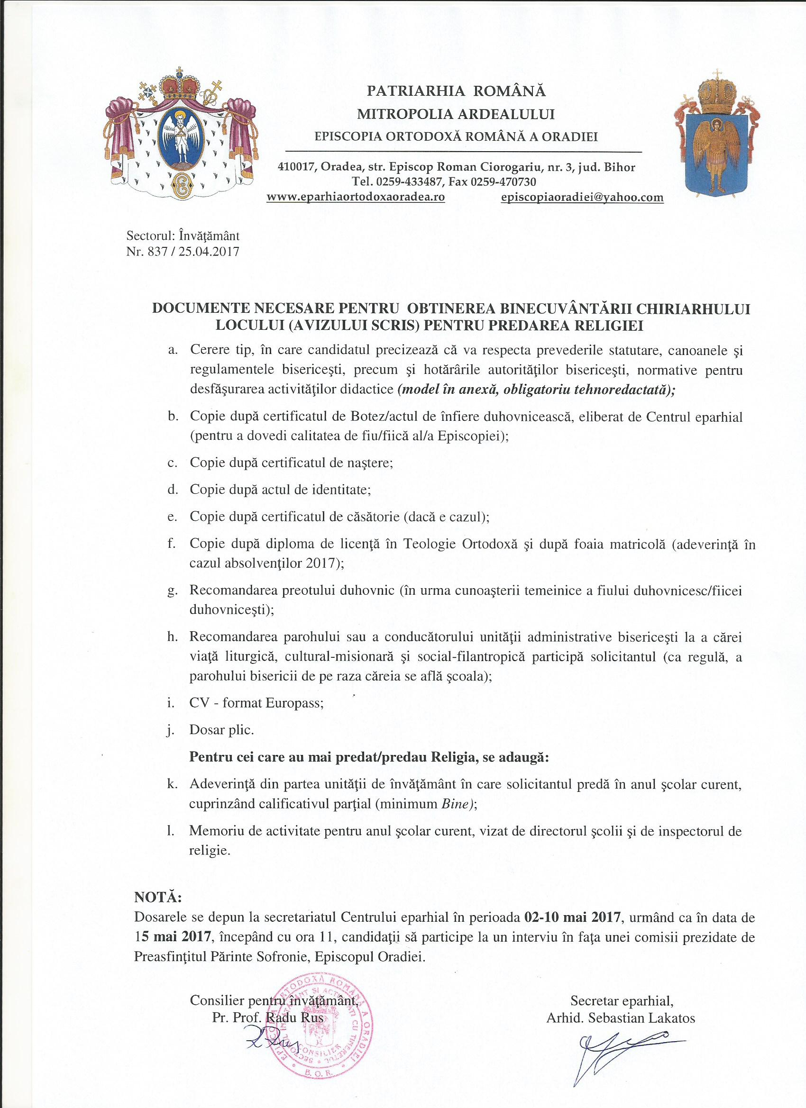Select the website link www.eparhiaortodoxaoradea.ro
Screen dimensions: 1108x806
355,197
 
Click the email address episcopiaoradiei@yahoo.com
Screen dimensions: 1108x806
582,197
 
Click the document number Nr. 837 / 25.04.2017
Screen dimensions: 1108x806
183,252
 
